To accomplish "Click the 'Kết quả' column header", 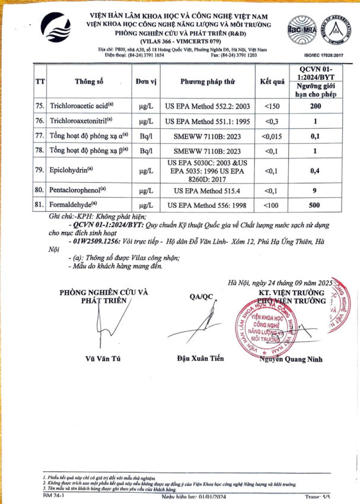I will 273,81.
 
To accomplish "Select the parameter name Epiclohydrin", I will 72,170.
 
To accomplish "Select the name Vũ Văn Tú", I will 104,358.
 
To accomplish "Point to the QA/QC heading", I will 200,296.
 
